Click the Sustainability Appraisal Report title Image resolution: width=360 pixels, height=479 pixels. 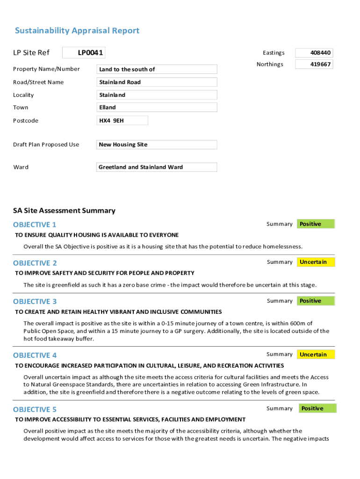click(77, 31)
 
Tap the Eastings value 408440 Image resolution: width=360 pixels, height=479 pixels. click(314, 53)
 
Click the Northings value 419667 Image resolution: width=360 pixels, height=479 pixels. click(314, 64)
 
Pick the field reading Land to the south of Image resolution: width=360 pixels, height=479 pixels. click(157, 69)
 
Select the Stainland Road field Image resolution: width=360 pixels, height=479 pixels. click(157, 82)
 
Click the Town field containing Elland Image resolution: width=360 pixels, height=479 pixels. click(157, 107)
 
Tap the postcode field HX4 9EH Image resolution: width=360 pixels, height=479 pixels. click(122, 121)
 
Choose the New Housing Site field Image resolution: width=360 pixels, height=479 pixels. click(157, 145)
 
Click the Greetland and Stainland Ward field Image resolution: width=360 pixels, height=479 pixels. click(157, 167)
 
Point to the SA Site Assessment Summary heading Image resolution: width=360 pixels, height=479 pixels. click(64, 210)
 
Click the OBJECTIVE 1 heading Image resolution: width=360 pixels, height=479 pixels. click(35, 225)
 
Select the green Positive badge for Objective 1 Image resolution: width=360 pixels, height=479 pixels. click(316, 224)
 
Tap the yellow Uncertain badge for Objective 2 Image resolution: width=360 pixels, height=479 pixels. click(316, 262)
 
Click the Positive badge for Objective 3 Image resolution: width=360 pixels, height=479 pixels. click(316, 301)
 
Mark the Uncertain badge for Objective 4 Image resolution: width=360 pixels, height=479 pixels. click(316, 355)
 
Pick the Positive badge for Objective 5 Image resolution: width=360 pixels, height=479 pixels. click(317, 408)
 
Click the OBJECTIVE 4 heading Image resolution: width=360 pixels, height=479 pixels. click(35, 355)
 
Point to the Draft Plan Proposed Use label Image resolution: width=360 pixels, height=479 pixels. click(46, 145)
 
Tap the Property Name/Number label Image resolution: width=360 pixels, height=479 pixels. click(46, 69)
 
